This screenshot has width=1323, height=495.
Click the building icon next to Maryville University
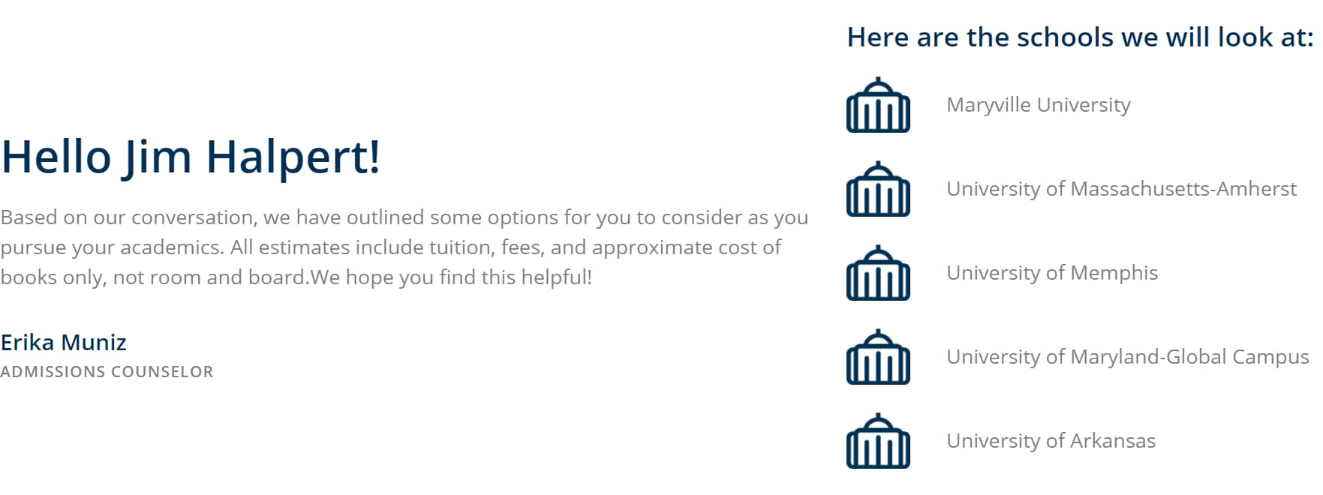878,105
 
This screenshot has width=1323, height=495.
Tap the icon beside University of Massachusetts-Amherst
878,189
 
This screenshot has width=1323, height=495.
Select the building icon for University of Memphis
878,273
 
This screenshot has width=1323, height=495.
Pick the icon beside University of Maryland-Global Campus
878,357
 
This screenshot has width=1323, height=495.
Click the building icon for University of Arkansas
878,441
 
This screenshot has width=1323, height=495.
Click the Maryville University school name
1039,105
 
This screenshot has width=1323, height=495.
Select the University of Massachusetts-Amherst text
1122,189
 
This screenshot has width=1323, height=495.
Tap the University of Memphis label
1052,273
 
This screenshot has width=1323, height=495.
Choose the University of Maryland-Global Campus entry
1128,357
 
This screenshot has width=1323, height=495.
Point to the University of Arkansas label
1051,441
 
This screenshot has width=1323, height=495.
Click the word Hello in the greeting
56,157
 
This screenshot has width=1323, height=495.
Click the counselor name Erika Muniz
64,343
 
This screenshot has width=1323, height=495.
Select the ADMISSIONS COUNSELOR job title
107,372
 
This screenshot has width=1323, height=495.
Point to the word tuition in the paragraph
461,247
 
